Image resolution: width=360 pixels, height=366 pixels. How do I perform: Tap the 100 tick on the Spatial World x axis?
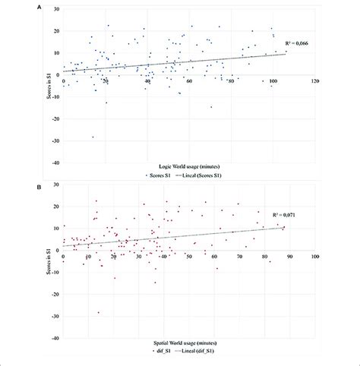pyautogui.click(x=314, y=255)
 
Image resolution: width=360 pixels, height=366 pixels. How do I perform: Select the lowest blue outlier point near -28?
pyautogui.click(x=93, y=137)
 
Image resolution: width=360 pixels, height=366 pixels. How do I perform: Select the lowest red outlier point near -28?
pyautogui.click(x=98, y=312)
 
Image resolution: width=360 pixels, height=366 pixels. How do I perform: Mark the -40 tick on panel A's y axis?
pyautogui.click(x=55, y=162)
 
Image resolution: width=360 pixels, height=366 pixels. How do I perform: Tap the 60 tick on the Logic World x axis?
pyautogui.click(x=188, y=80)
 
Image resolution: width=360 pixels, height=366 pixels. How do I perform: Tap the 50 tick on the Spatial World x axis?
pyautogui.click(x=188, y=255)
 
